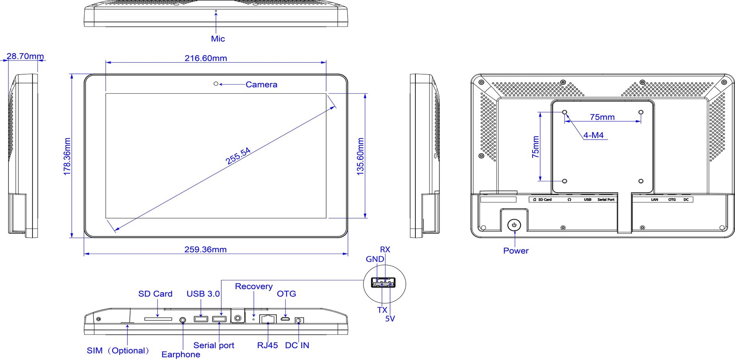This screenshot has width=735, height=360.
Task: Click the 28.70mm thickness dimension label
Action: (x=25, y=56)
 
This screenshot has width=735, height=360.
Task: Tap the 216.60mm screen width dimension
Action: (x=206, y=58)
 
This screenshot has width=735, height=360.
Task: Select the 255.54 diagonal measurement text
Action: (x=238, y=156)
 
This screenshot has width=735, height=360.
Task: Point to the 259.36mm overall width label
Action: (x=206, y=249)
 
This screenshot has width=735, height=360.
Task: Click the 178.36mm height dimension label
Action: (x=67, y=157)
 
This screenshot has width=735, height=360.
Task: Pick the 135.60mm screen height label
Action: (x=361, y=157)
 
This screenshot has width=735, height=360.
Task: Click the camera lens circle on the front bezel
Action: (x=216, y=84)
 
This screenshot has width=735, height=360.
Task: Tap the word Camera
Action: (x=261, y=85)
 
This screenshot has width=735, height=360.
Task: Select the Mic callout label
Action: (x=218, y=39)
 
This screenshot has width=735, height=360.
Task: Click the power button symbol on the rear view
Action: (x=514, y=225)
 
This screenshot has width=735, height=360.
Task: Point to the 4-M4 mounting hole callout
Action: (x=593, y=135)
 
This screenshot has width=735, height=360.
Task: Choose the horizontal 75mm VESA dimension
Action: (x=602, y=117)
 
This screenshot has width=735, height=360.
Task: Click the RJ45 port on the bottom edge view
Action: (x=268, y=318)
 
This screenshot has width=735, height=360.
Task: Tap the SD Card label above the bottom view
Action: (x=155, y=294)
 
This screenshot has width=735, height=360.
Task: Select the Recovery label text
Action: (x=254, y=286)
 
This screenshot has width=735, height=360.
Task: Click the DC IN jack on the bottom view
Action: (x=299, y=320)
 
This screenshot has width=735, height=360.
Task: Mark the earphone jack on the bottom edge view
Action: (x=183, y=319)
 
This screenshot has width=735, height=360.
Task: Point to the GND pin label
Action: (x=375, y=259)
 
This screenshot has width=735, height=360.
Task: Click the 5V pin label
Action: (x=390, y=319)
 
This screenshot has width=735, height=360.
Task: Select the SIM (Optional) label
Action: (x=118, y=350)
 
